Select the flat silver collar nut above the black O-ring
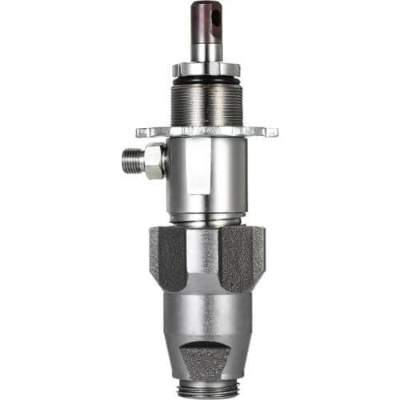click(x=206, y=68)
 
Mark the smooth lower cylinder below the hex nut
click(x=206, y=320)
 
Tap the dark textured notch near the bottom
click(x=206, y=357)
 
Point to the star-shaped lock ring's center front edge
click(x=206, y=130)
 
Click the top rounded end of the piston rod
click(x=206, y=5)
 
